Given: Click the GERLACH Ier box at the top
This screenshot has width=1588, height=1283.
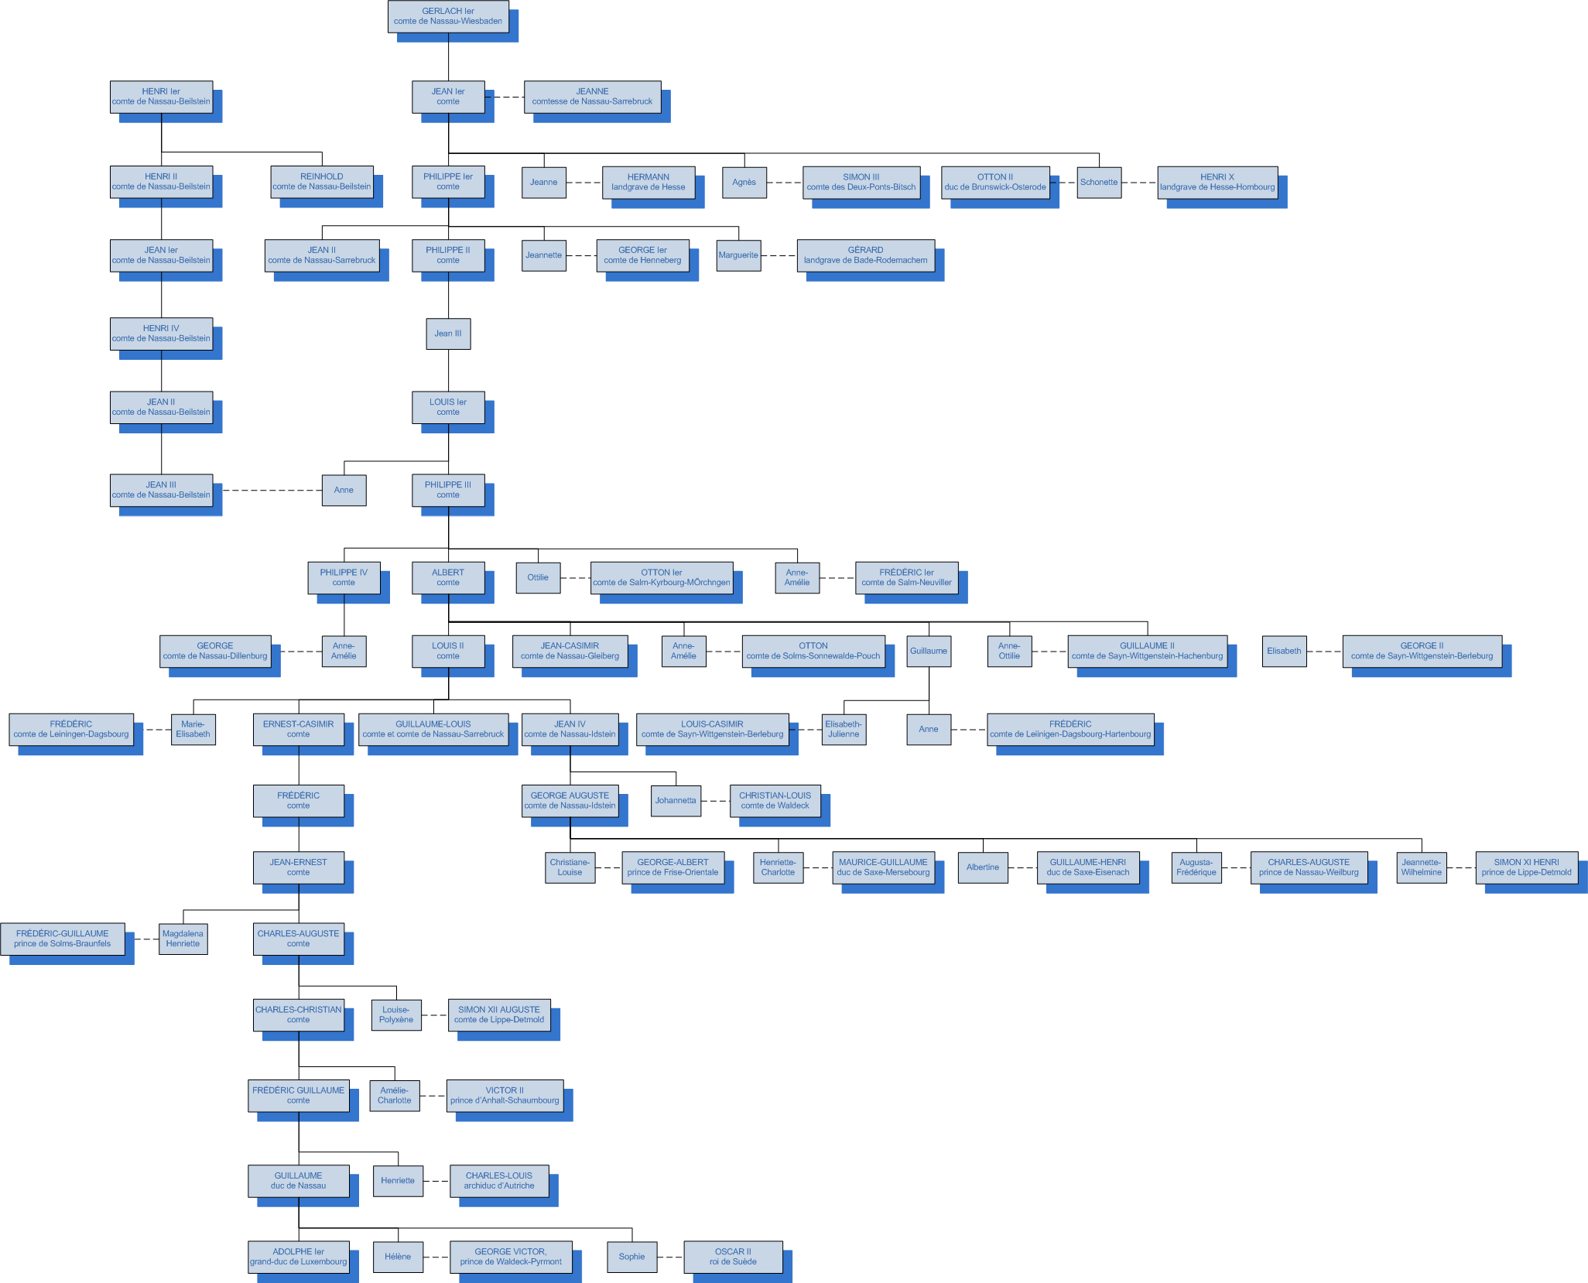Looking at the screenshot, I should pos(448,16).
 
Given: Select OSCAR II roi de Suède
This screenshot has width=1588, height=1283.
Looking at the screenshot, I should pos(733,1256).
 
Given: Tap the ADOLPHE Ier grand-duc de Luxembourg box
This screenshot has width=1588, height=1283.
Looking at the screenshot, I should pos(298,1256).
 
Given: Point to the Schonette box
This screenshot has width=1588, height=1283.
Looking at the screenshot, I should pos(1099,183).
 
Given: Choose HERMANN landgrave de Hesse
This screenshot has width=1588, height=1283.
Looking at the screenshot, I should pos(649,183).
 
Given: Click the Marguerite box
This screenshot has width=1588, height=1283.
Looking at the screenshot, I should pos(738,255).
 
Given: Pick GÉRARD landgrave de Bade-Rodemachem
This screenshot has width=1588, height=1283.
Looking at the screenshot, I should pos(865,255).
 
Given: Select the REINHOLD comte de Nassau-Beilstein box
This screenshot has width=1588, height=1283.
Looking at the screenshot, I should pos(322,182).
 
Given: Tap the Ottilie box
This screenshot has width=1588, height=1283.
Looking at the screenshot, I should pos(538,577).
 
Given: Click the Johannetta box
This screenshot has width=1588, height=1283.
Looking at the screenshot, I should pos(676,800).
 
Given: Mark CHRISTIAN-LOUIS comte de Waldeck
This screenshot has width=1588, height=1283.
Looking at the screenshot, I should pos(775,800).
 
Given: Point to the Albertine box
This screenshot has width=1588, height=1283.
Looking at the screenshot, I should pos(983,867).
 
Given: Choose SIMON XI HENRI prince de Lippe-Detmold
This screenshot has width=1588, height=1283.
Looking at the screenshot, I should pos(1526,867).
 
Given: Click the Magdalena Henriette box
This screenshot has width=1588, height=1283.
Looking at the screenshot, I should pos(183,939).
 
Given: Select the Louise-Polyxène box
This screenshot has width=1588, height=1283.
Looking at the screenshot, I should pos(396,1014).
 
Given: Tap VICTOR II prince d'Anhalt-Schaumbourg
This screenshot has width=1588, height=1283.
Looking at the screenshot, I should pos(505,1095).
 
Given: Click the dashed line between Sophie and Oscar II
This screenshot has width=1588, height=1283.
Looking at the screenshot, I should pos(670,1257).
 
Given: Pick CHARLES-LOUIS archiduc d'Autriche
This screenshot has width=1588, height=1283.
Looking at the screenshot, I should pos(499,1180).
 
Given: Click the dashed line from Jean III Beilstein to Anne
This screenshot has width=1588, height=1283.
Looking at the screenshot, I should pos(272,491).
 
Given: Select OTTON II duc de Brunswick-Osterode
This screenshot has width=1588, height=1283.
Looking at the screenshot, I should pos(995,183).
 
